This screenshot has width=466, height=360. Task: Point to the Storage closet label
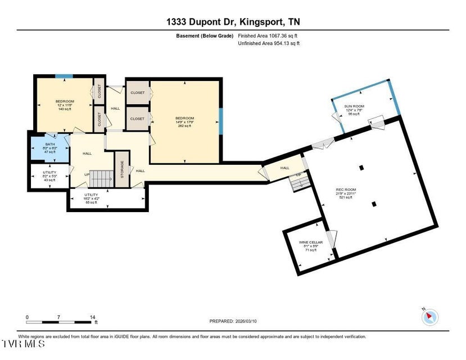pos(122,169)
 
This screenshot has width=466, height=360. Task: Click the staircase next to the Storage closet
pos(102,179)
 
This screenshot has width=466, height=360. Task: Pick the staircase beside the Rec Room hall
pos(297,183)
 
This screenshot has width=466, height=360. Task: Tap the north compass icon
pos(429,316)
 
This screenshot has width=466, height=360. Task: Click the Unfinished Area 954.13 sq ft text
pos(269,43)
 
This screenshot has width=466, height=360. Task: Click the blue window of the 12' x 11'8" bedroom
pos(64,76)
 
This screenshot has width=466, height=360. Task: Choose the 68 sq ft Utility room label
pos(92,198)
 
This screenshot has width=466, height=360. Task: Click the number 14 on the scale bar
pos(92,317)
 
